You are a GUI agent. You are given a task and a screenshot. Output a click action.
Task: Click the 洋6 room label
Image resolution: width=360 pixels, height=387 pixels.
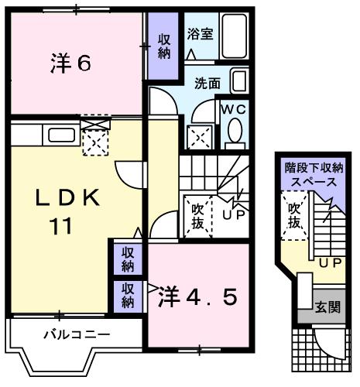71,63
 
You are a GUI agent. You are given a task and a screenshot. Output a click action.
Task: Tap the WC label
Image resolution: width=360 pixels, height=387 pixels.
235,109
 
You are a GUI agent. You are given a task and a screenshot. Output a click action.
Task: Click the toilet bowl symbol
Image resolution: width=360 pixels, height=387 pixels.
235,133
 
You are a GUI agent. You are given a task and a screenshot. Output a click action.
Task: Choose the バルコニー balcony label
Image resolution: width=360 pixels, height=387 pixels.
75,335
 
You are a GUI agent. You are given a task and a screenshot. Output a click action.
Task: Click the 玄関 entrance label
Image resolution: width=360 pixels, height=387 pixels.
327,307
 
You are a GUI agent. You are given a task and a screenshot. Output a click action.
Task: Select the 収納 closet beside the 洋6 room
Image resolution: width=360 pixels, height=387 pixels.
165,46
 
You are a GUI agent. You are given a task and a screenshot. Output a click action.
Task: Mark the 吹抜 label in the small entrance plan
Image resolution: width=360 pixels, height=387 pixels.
294,215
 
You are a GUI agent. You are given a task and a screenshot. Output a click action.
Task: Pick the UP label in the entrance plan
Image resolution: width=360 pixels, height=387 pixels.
331,263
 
